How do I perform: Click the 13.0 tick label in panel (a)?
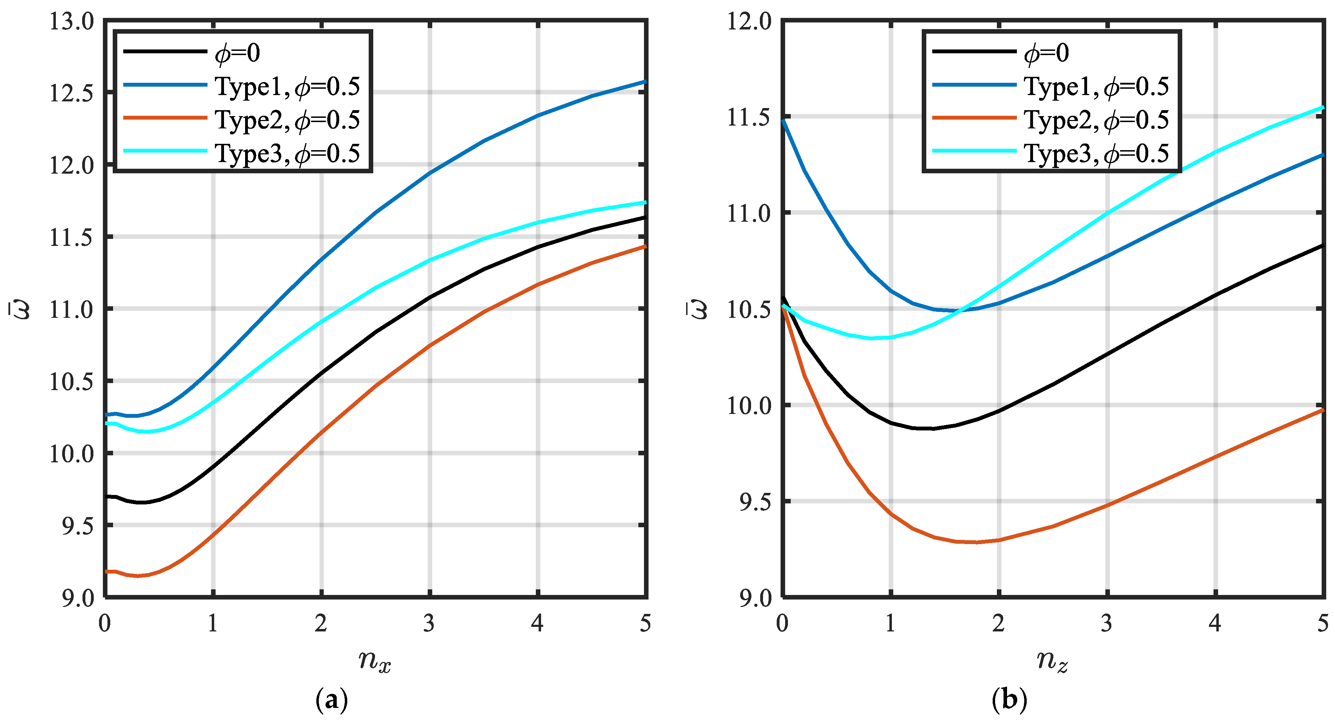(72, 22)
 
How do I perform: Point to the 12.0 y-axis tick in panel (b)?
(749, 22)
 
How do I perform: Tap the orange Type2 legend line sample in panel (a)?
(165, 118)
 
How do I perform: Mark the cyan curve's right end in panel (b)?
(1323, 108)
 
